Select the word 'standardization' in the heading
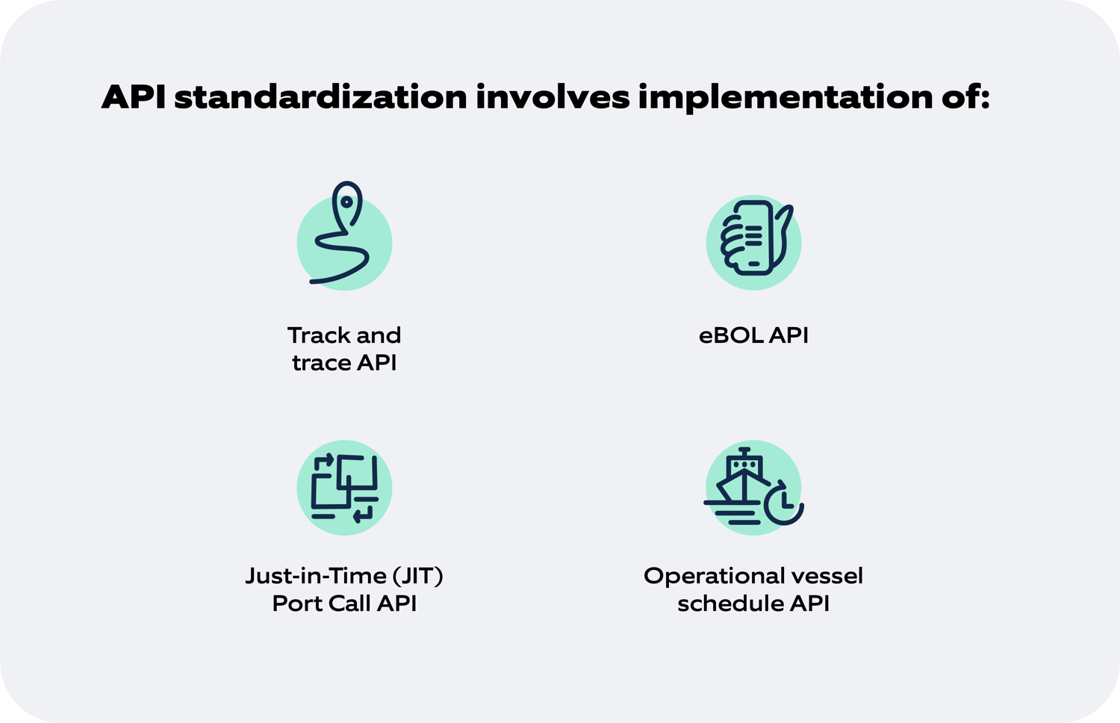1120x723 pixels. click(x=321, y=97)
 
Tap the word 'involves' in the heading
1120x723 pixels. click(x=553, y=97)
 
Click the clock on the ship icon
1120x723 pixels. click(x=783, y=503)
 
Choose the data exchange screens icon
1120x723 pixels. click(x=344, y=488)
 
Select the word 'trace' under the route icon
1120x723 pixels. click(x=321, y=363)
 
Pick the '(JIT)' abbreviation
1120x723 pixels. click(x=418, y=576)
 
